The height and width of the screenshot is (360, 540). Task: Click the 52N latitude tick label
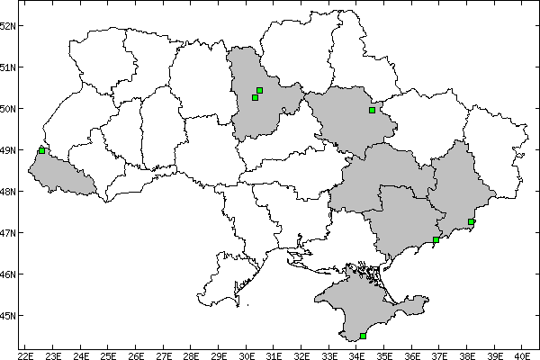pos(8,25)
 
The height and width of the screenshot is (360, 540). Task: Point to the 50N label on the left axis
pos(8,109)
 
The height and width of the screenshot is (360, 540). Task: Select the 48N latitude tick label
pos(8,192)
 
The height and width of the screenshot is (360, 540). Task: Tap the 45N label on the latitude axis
pos(8,316)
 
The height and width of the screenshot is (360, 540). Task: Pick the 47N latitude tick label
pos(8,233)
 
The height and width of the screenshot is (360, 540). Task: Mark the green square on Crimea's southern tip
pos(363,337)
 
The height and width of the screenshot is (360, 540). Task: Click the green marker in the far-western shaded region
pos(42,150)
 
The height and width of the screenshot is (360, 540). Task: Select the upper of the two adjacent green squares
pos(259,90)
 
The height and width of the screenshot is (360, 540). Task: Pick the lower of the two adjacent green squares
pos(255,97)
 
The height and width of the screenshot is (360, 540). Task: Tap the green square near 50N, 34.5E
pos(372,111)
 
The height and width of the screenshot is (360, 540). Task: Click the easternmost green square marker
pos(472,221)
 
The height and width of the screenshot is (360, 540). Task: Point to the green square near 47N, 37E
pos(436,239)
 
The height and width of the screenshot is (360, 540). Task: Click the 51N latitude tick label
pos(8,67)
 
